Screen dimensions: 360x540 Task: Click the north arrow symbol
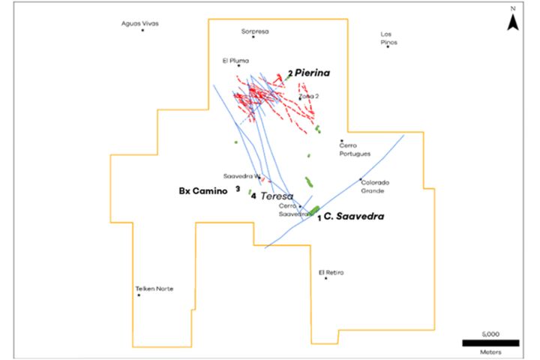[x=512, y=22]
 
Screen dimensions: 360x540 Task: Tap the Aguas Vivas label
[x=140, y=23]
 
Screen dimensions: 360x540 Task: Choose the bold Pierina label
[x=312, y=73]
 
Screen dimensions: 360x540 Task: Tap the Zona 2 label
[x=310, y=96]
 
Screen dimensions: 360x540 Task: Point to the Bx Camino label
[x=201, y=191]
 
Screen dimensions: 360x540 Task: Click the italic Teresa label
[x=277, y=196]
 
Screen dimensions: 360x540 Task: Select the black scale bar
[x=490, y=343]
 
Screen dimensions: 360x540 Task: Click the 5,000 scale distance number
[x=490, y=333]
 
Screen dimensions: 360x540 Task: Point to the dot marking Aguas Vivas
[x=142, y=31]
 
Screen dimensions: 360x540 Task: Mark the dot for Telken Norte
[x=139, y=295]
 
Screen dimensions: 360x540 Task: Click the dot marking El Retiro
[x=326, y=279]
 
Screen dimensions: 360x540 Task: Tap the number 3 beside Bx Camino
[x=238, y=189]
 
